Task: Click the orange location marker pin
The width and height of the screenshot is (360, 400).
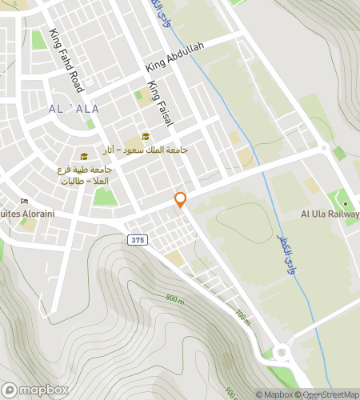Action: pyautogui.click(x=181, y=200)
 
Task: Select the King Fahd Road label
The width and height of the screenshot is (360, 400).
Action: pyautogui.click(x=65, y=59)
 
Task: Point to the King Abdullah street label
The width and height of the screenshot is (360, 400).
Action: pyautogui.click(x=175, y=58)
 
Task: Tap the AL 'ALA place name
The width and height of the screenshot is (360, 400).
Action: pyautogui.click(x=73, y=108)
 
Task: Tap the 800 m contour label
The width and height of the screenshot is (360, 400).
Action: pyautogui.click(x=175, y=298)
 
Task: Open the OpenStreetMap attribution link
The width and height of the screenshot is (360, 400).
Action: pyautogui.click(x=329, y=394)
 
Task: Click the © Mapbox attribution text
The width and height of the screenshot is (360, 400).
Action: pyautogui.click(x=274, y=394)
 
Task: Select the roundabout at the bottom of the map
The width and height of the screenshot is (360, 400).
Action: pyautogui.click(x=282, y=351)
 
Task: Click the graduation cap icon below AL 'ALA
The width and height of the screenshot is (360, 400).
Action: pyautogui.click(x=84, y=156)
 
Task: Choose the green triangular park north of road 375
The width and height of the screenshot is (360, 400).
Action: pyautogui.click(x=102, y=196)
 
